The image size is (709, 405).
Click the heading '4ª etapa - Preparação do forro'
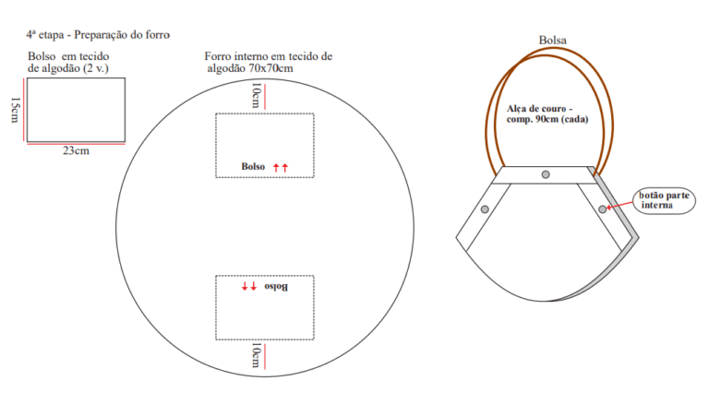tap(98, 35)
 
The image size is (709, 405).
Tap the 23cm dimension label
tap(76, 150)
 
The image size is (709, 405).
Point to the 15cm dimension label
tap(15, 110)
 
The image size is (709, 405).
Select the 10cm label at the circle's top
tap(256, 95)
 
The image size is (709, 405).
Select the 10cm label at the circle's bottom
tap(256, 356)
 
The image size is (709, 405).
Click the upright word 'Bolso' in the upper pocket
tap(253, 166)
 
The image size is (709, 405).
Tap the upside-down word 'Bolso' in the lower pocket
tap(276, 287)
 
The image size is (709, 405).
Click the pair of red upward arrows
tap(281, 168)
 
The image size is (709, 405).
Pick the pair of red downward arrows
tap(249, 286)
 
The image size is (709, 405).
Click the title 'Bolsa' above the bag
tap(553, 41)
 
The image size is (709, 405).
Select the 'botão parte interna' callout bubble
tap(664, 200)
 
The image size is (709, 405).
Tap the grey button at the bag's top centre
tap(546, 174)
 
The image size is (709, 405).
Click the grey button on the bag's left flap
tap(485, 209)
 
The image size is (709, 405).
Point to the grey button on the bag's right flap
tap(602, 209)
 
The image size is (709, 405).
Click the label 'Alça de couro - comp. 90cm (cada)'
tap(547, 113)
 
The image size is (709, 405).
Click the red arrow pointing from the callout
tap(619, 205)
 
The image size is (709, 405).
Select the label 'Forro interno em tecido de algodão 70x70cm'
tap(268, 63)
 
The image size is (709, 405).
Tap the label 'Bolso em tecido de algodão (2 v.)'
tap(68, 63)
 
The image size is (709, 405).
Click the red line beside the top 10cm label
tap(265, 97)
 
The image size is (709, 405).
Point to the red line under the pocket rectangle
tap(76, 144)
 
